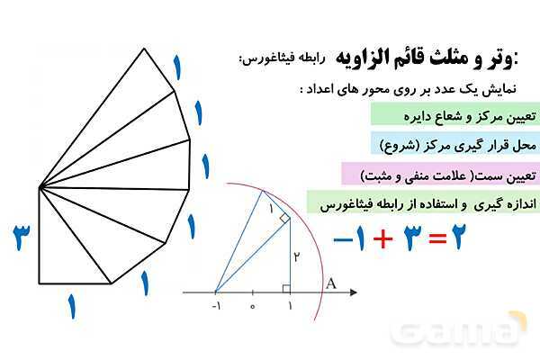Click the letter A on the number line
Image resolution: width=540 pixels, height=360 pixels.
[330, 283]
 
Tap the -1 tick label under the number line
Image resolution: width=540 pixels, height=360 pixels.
[217, 307]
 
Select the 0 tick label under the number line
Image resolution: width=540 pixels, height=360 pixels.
[253, 307]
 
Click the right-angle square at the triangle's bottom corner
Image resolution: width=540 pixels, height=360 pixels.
[285, 288]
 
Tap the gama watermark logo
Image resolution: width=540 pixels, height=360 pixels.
[459, 328]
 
